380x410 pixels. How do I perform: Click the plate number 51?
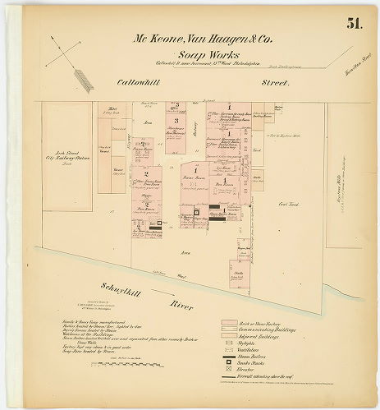[x=354, y=23]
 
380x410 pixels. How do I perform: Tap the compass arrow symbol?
[x=71, y=65]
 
